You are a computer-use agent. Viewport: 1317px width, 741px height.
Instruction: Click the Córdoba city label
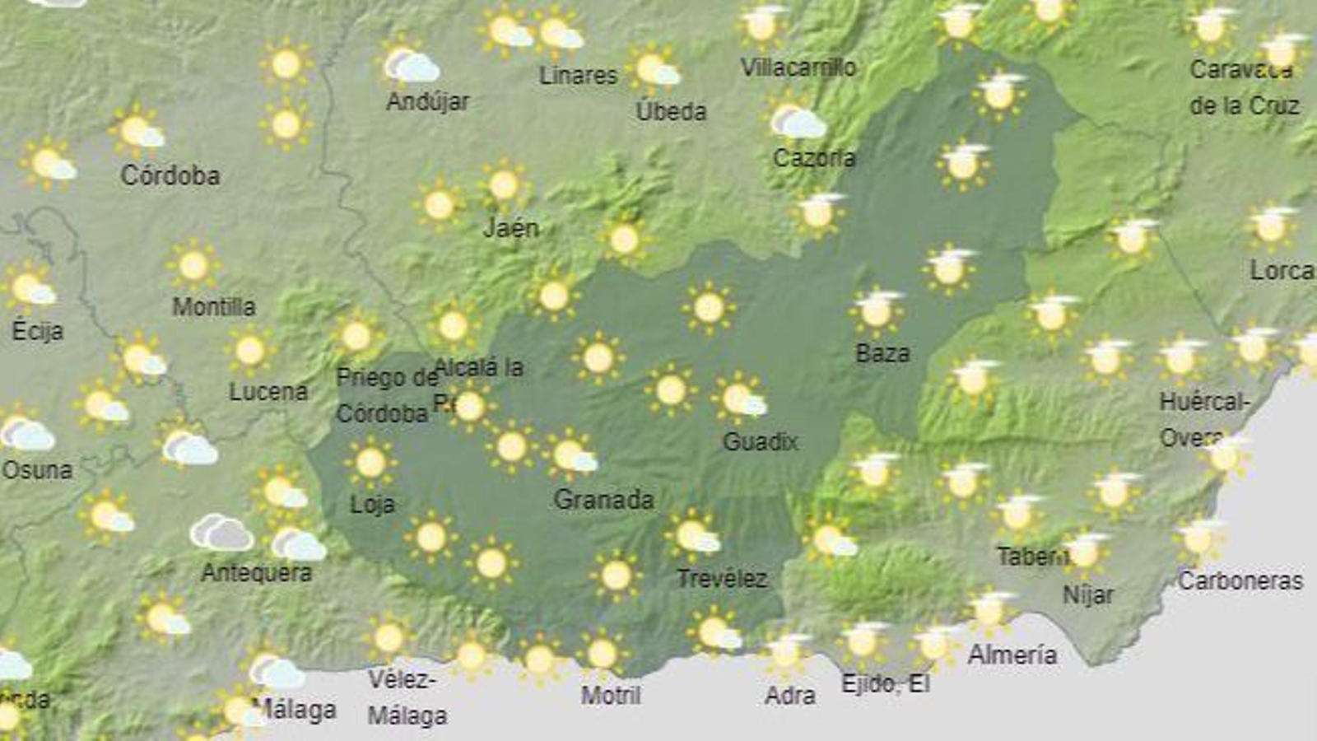(x=170, y=175)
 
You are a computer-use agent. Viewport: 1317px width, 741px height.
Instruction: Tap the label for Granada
(x=603, y=500)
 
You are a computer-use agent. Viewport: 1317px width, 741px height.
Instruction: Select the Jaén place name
(x=510, y=228)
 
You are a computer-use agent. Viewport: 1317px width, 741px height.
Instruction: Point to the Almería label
(x=1012, y=655)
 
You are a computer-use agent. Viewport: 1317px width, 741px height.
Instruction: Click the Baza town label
(x=882, y=354)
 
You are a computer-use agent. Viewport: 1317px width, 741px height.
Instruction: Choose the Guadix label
(x=760, y=442)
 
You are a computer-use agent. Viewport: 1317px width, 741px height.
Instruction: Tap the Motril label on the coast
(x=610, y=696)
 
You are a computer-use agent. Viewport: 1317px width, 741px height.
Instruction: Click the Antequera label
(x=257, y=572)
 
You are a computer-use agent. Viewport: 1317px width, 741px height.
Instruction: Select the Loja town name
(x=372, y=504)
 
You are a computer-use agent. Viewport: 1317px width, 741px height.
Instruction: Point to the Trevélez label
(x=722, y=579)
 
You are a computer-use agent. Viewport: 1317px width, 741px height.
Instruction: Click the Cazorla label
(x=814, y=157)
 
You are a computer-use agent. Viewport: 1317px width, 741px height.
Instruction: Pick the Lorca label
(x=1281, y=270)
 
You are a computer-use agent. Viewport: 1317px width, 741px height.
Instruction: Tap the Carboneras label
(x=1240, y=581)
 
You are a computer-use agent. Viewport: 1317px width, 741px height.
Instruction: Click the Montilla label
(x=214, y=307)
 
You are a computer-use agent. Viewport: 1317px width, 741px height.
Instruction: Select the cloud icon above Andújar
(x=411, y=65)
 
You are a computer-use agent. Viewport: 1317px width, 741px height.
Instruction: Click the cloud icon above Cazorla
(x=797, y=121)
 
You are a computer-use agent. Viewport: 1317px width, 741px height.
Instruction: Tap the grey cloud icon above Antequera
(x=221, y=533)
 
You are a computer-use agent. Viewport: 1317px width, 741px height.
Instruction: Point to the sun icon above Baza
(x=877, y=311)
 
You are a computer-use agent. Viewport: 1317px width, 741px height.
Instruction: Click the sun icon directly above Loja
(x=370, y=463)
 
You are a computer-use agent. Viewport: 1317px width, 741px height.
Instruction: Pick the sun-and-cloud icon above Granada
(x=570, y=454)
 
